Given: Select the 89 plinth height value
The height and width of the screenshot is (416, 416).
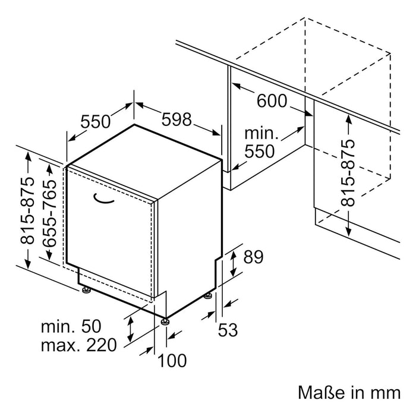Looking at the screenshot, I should (x=253, y=257).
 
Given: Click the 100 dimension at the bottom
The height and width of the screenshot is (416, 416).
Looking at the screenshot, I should (x=173, y=360).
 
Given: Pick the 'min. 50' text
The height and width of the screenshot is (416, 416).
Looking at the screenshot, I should (x=71, y=326).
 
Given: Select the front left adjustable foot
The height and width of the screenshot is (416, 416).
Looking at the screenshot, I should (x=87, y=290).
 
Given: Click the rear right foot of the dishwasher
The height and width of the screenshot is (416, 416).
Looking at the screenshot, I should (x=210, y=295).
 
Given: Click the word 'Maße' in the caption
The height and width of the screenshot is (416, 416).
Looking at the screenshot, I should (x=317, y=392).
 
